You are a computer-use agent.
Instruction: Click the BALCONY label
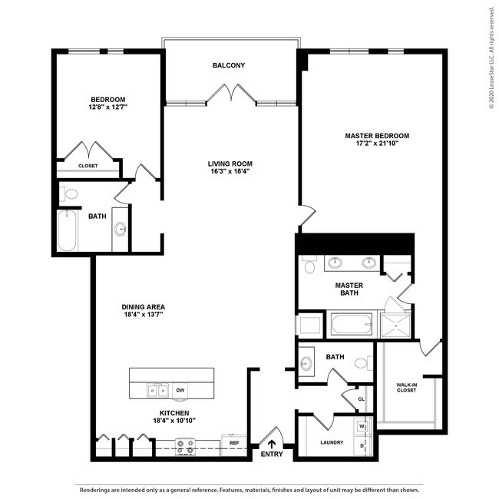click(229, 65)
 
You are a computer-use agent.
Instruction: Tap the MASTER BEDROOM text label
click(377, 136)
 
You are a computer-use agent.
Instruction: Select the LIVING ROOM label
click(230, 164)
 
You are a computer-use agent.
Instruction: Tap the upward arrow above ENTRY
click(270, 443)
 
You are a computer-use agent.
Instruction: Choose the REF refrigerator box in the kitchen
click(234, 443)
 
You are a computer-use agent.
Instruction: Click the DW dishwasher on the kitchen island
click(180, 391)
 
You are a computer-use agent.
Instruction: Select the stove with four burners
click(185, 445)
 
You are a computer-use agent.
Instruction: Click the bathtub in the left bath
click(67, 230)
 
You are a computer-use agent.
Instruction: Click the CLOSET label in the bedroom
click(88, 166)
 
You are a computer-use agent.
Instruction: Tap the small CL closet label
click(360, 398)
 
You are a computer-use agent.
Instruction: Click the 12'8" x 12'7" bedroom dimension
click(107, 107)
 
